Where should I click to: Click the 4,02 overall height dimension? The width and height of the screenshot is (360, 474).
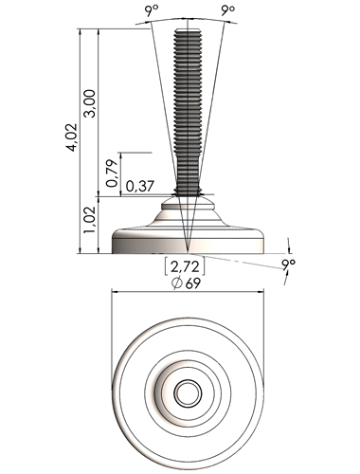click(x=73, y=137)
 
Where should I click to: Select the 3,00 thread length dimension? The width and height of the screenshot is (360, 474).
click(x=90, y=103)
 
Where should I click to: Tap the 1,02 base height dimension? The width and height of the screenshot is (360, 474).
click(x=89, y=220)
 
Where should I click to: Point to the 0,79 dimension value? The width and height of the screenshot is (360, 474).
click(x=112, y=173)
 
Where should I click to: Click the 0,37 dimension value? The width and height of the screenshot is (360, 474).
click(x=140, y=186)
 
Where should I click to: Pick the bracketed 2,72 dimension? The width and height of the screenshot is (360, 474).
click(x=185, y=266)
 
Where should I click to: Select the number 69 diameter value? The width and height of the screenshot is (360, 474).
click(x=193, y=283)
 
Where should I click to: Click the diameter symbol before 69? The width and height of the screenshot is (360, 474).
click(x=177, y=283)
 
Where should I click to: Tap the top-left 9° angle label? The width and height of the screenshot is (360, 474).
click(x=151, y=11)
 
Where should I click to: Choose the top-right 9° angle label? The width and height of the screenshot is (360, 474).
click(x=227, y=10)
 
